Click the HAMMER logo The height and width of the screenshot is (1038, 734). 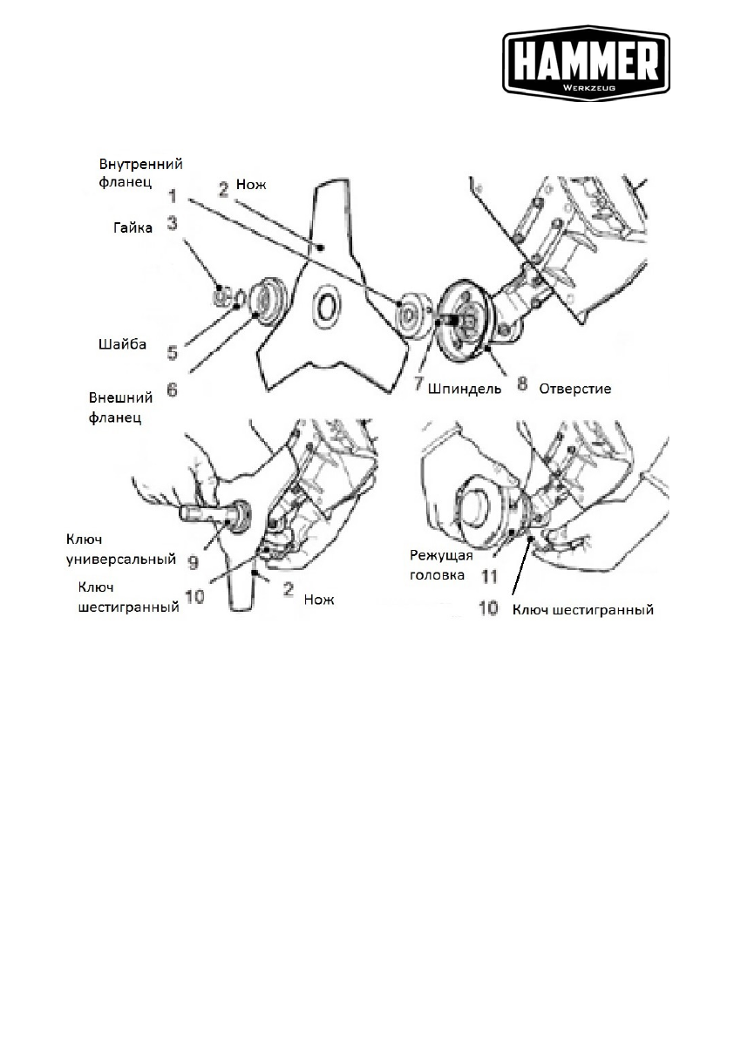(x=586, y=62)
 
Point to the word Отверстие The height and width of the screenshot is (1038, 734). (x=574, y=389)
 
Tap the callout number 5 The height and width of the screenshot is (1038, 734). (x=172, y=354)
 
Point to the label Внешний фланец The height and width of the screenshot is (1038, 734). (x=121, y=406)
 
